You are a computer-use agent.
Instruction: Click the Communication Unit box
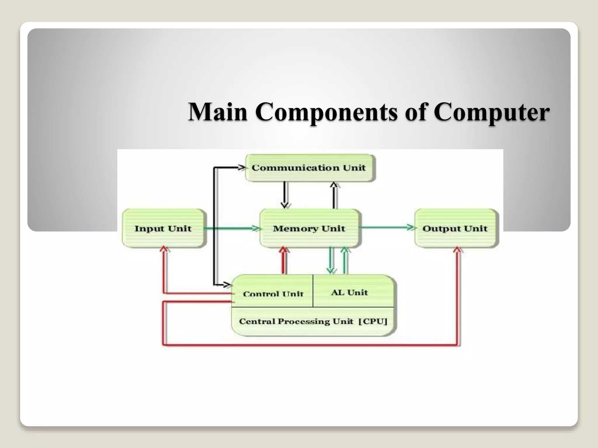point(310,168)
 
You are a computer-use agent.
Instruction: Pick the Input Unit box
point(163,228)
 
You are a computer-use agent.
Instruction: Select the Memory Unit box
point(309,228)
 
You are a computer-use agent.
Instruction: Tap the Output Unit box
point(455,228)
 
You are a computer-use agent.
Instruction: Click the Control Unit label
point(273,293)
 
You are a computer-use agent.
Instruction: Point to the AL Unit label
point(350,292)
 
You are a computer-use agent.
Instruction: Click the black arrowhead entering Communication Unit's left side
point(241,167)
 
